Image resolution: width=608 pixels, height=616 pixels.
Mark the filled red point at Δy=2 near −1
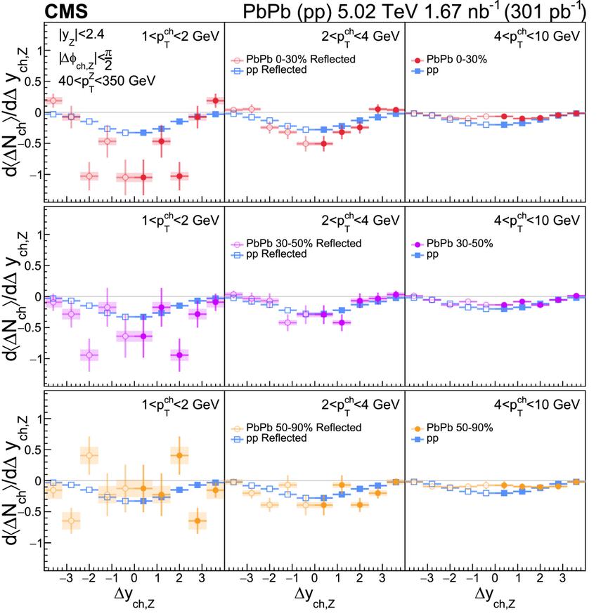[179, 176]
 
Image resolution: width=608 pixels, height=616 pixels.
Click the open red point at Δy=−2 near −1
[89, 176]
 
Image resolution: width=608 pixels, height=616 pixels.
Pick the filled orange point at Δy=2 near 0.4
[179, 455]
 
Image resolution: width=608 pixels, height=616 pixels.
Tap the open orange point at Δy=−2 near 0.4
[89, 455]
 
